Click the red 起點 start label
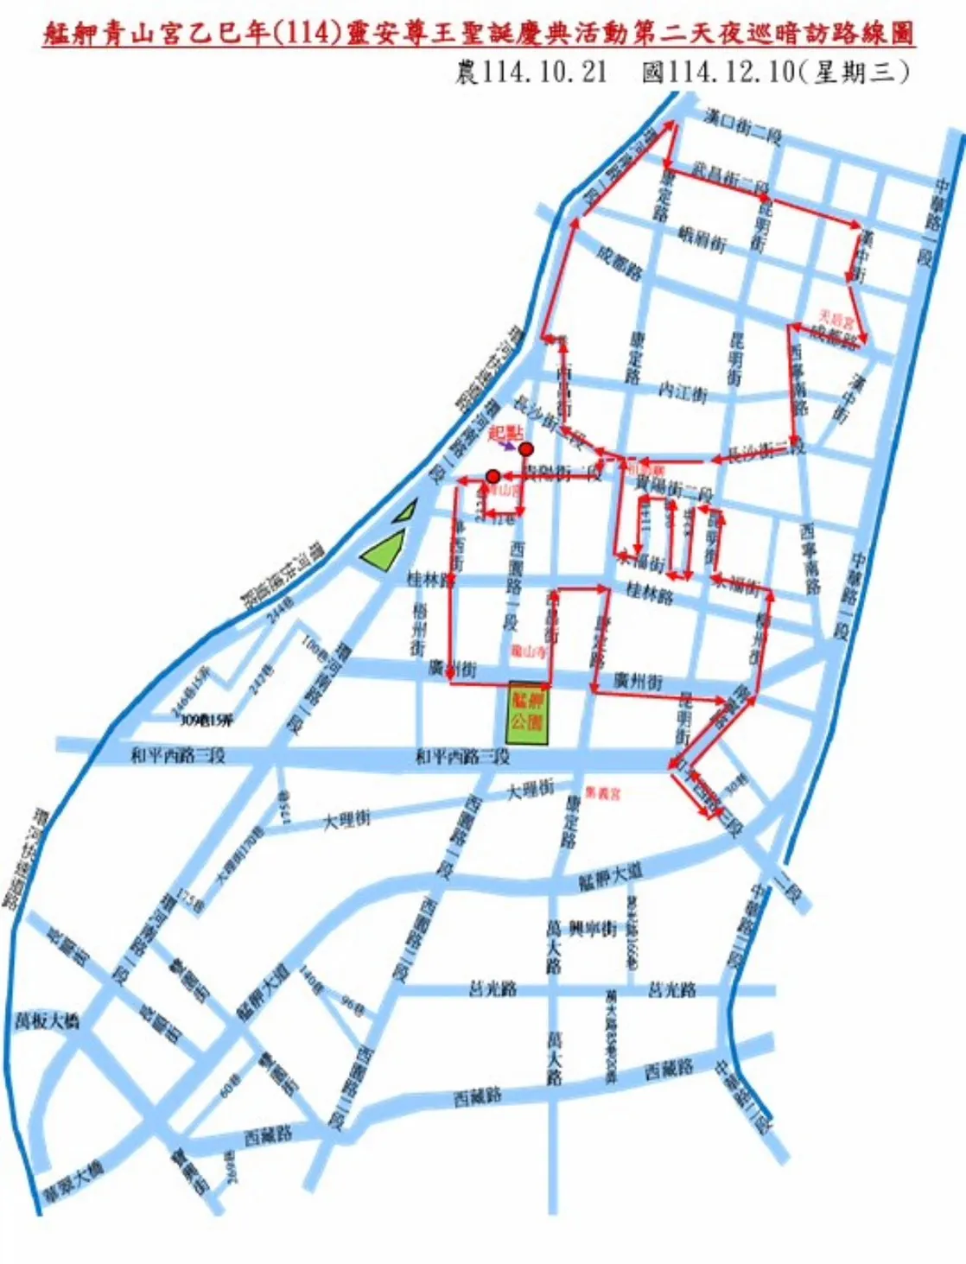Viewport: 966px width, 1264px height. (x=505, y=433)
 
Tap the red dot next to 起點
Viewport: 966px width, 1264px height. (x=525, y=449)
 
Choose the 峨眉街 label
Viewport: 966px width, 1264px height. (x=702, y=238)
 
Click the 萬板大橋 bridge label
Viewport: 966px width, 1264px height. (x=48, y=1020)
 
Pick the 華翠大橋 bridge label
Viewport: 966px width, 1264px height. (x=73, y=1181)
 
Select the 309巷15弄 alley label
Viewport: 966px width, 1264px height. (x=206, y=720)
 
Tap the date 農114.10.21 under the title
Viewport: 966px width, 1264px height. (x=531, y=72)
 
